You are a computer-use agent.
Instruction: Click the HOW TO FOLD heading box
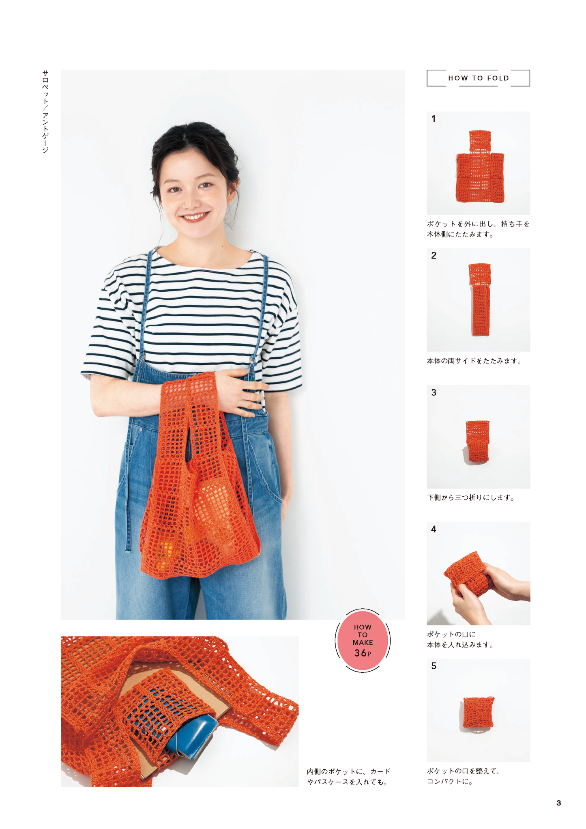click(x=478, y=78)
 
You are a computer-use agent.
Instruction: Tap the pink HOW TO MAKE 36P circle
click(x=363, y=640)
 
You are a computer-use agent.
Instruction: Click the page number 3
click(x=558, y=803)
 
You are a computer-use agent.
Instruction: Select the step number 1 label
click(x=434, y=119)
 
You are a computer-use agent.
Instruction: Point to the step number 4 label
click(x=434, y=529)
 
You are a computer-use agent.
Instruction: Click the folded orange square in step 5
click(x=479, y=713)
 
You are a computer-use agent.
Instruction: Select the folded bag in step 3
click(x=477, y=441)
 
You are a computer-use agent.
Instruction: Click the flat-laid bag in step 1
click(x=480, y=166)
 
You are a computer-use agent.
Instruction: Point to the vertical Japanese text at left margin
click(x=45, y=112)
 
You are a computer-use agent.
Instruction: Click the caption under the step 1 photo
click(x=478, y=229)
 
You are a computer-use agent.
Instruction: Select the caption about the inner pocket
click(x=349, y=777)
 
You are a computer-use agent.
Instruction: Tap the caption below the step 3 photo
click(x=471, y=497)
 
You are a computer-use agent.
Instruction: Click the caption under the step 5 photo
click(x=463, y=776)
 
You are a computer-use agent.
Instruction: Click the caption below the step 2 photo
click(x=474, y=361)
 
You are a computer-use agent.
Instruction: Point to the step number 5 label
click(x=434, y=666)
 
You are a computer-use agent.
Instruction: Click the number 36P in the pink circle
click(x=363, y=653)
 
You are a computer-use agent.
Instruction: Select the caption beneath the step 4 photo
click(x=460, y=639)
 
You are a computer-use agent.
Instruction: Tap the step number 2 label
click(x=434, y=256)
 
